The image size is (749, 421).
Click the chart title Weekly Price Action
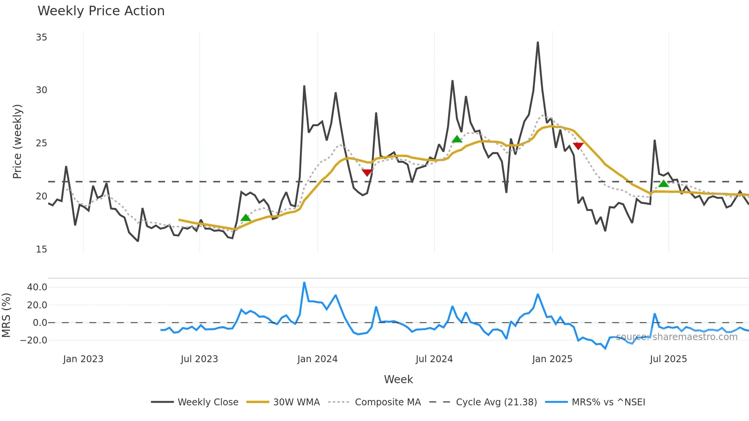(x=101, y=11)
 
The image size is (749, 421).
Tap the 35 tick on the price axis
(x=41, y=37)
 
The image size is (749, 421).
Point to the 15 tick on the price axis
(x=41, y=249)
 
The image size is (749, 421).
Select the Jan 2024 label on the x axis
(x=317, y=359)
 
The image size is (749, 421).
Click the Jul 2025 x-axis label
(x=668, y=359)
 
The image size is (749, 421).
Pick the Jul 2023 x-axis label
(x=199, y=359)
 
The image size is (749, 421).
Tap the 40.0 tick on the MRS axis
(x=37, y=287)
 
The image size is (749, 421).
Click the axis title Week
(x=398, y=379)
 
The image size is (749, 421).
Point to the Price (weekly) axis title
(x=17, y=141)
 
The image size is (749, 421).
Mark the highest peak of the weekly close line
(x=538, y=42)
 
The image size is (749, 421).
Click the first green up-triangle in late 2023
(x=246, y=218)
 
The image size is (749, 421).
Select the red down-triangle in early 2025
(x=578, y=146)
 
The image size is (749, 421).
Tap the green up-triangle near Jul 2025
(x=664, y=184)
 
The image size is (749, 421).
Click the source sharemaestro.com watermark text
(x=676, y=337)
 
